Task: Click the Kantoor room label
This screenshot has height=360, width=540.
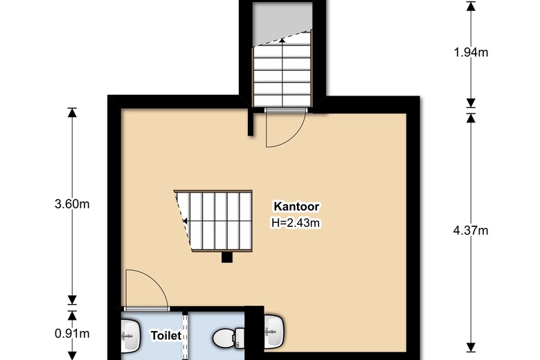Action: tap(297, 206)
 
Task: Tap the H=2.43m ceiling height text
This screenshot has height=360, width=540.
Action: tap(297, 222)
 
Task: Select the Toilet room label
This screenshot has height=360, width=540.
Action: tap(166, 336)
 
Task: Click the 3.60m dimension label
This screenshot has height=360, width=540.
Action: tap(72, 204)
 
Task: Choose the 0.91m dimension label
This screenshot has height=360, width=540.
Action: tap(72, 334)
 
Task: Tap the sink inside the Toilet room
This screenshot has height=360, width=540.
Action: tap(129, 335)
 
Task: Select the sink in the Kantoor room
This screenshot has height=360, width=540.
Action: tap(274, 330)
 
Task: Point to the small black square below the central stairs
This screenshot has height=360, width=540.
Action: tap(226, 258)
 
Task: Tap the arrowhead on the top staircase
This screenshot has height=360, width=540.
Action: tap(282, 40)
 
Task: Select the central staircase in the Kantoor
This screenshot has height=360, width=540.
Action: tap(216, 220)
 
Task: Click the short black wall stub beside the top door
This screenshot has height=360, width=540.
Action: tap(250, 123)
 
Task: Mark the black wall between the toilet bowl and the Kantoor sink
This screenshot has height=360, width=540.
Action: tap(255, 332)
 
